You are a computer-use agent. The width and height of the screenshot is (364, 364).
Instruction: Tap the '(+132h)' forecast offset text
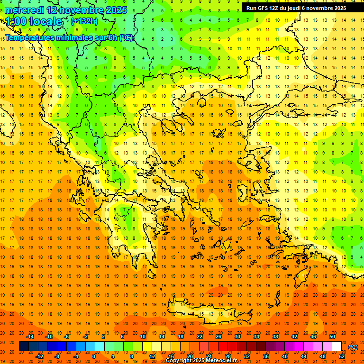[84, 21]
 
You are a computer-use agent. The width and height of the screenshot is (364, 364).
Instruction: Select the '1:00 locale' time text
[34, 21]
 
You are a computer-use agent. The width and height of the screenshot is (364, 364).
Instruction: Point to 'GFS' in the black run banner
[264, 8]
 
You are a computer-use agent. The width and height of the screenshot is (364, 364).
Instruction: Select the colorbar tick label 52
[342, 356]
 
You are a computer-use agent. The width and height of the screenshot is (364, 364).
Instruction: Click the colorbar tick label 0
[94, 356]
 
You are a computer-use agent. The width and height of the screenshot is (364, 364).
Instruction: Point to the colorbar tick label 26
[218, 337]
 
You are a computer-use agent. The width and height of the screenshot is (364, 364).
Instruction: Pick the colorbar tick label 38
[275, 337]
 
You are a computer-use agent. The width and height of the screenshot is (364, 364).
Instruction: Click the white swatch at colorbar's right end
[337, 346]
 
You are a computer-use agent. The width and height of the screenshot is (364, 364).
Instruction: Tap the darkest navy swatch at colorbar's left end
[24, 346]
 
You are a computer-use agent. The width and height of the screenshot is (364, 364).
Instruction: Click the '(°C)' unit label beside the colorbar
[353, 346]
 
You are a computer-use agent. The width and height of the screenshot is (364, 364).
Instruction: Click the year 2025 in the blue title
[113, 10]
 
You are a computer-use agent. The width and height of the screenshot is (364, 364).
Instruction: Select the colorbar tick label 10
[143, 337]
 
